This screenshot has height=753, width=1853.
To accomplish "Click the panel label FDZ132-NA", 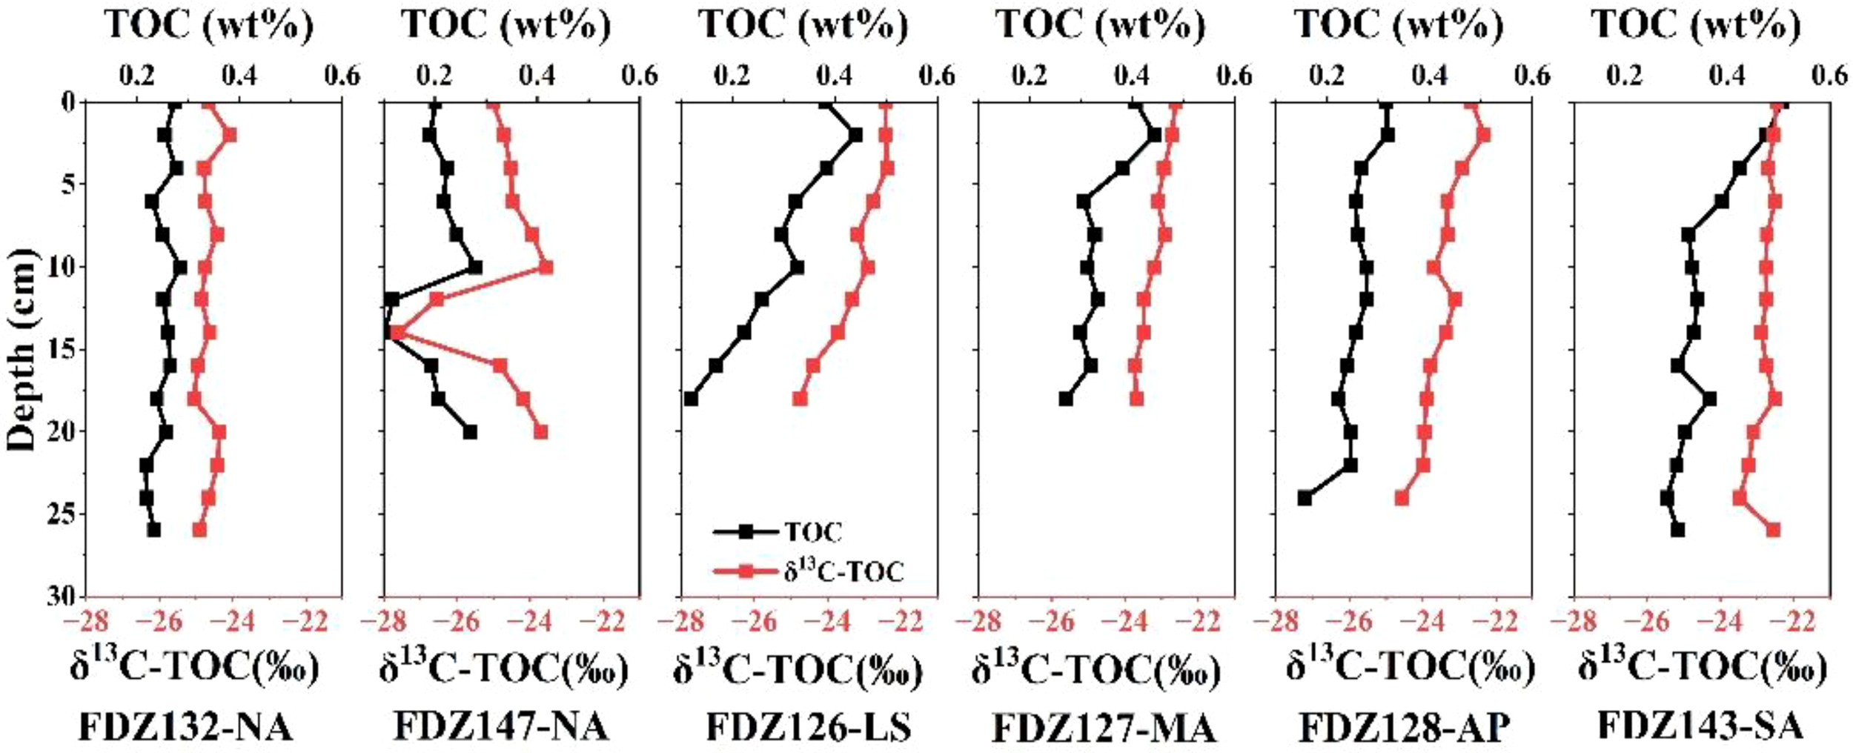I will [x=185, y=727].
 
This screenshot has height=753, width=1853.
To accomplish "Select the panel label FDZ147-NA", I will [x=501, y=727].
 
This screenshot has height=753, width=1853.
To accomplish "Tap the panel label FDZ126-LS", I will [x=808, y=727].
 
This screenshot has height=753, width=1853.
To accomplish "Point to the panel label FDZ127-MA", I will [x=1104, y=729].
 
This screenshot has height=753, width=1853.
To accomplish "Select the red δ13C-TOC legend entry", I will [x=808, y=571].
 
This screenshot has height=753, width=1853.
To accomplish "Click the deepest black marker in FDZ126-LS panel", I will [x=691, y=399].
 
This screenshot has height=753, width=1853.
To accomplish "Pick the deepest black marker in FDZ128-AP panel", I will [x=1305, y=498].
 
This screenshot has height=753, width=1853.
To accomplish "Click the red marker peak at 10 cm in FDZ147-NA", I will [x=546, y=267].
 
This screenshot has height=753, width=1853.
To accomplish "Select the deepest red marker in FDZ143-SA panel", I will [x=1773, y=530].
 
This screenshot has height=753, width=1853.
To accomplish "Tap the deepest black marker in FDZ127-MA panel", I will [x=1066, y=399].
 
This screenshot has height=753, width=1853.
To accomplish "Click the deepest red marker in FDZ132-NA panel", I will [x=199, y=530].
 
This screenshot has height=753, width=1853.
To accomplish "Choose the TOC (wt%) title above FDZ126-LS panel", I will [x=803, y=26].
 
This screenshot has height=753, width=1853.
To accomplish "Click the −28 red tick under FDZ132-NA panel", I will [x=86, y=621].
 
